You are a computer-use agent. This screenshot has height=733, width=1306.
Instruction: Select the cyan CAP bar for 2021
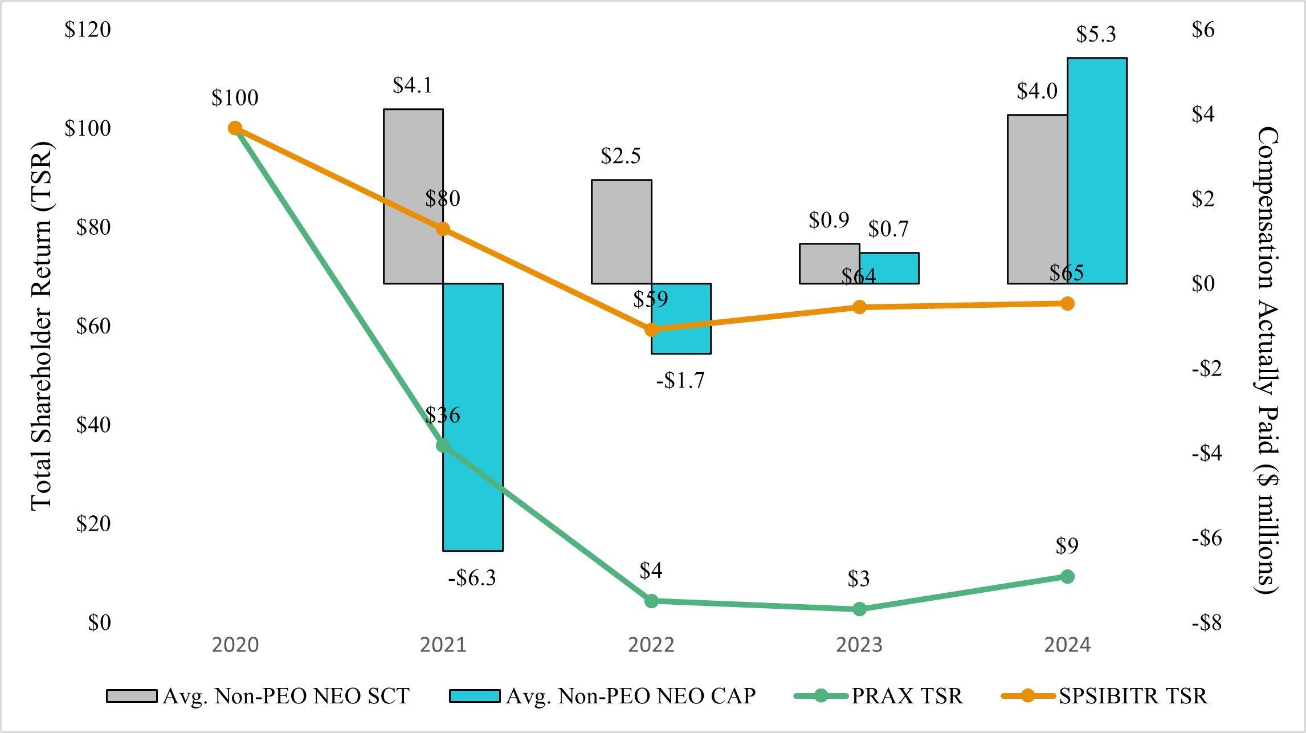pos(473,370)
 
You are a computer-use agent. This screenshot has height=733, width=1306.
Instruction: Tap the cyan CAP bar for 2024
pos(1097,171)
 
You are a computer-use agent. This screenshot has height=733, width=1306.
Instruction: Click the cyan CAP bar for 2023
pos(889,268)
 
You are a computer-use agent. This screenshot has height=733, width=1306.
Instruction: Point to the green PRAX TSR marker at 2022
pos(651,601)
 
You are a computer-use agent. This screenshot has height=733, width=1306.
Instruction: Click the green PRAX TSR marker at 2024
pos(1067,577)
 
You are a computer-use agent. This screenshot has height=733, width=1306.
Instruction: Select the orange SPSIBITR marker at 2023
pos(859,307)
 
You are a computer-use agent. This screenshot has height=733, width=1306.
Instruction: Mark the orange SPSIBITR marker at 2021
pos(443,229)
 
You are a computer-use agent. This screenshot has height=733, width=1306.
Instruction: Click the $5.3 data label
pos(1096,35)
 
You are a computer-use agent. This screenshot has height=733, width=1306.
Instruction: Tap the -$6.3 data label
pos(472,578)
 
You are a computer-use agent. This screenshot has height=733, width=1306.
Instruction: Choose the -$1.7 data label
pos(680,380)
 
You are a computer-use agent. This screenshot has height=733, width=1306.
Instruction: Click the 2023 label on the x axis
pos(859,645)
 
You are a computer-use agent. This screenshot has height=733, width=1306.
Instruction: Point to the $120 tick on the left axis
pos(88,30)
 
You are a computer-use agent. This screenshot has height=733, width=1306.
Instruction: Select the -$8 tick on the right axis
pos(1206,622)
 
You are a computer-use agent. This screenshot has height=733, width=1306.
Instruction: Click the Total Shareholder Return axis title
pos(41,326)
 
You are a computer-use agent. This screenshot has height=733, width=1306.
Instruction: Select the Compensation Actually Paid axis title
pos(1267,360)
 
